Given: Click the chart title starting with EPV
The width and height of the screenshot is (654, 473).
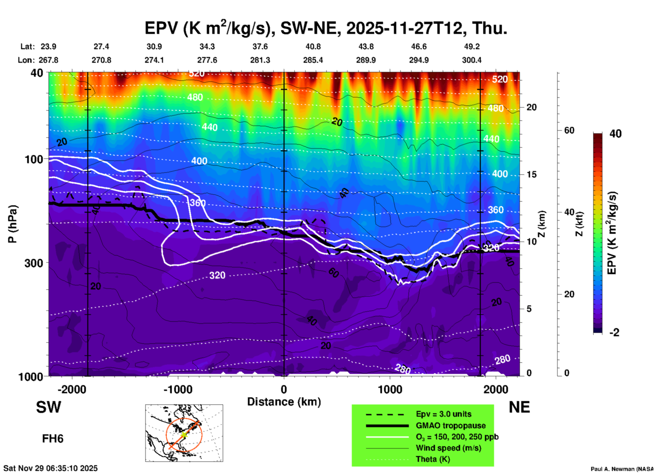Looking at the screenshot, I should point(326,28).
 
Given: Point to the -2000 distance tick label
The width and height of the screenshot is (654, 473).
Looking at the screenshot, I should point(72,389).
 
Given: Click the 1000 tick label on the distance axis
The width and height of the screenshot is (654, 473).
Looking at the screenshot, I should point(390,389).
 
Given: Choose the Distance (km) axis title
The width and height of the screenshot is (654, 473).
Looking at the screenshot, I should point(284,402).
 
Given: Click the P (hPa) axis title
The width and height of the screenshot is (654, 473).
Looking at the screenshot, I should point(13,224).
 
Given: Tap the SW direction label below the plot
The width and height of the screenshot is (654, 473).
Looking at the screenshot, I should point(49,408).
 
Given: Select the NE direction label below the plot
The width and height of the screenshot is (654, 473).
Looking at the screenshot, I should point(519,408).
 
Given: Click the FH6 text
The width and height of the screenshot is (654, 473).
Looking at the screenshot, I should point(53,439).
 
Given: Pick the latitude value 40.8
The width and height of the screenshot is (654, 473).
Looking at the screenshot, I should point(313,46).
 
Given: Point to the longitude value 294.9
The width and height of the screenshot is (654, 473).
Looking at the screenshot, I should point(419,60).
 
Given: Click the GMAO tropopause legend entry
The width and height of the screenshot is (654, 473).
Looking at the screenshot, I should point(451,425).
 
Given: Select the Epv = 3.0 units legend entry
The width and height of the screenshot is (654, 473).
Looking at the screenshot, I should point(443,414).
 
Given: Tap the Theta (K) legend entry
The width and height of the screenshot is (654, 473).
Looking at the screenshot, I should point(433,459).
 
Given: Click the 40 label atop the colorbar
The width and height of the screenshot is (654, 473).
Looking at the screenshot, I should point(615,134).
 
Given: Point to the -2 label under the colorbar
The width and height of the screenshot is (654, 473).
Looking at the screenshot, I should point(614,333).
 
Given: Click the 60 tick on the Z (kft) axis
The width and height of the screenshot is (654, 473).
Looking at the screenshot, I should point(569,130).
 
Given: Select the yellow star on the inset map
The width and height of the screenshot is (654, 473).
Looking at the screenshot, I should point(184,434).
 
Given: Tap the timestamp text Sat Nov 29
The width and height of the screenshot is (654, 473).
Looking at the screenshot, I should point(50,468).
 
